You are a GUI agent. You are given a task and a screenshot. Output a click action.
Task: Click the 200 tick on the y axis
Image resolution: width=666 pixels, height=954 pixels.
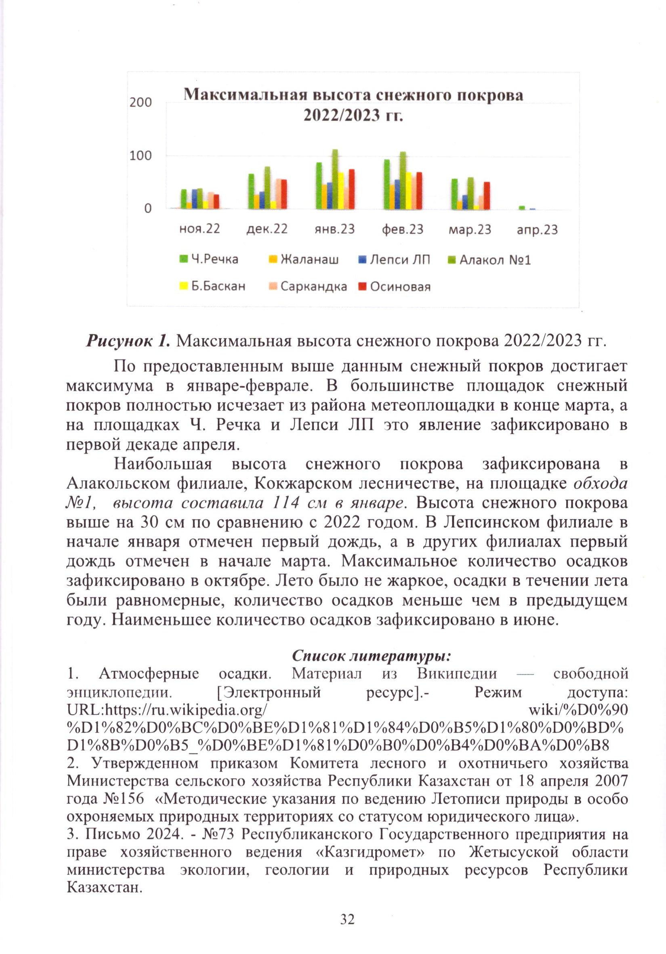pos(141,102)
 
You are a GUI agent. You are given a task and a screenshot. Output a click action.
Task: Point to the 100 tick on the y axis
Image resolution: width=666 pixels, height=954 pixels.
pos(141,156)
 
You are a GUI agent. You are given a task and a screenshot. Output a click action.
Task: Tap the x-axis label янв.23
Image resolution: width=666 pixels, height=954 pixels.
pos(335,229)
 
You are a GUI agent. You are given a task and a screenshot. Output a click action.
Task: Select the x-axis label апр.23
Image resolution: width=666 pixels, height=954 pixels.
pos(537,229)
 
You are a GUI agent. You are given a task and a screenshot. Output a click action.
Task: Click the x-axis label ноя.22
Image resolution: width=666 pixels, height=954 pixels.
pos(200,229)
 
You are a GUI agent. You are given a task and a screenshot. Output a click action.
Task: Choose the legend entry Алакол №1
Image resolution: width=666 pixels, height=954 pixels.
pos(495,260)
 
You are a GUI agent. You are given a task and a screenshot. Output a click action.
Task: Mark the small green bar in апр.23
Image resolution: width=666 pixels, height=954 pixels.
pos(522,208)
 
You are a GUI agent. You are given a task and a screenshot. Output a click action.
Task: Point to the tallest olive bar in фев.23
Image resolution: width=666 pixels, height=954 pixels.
pos(402,180)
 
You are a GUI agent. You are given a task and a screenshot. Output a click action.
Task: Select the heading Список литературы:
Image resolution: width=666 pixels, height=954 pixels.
pos(372,655)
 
